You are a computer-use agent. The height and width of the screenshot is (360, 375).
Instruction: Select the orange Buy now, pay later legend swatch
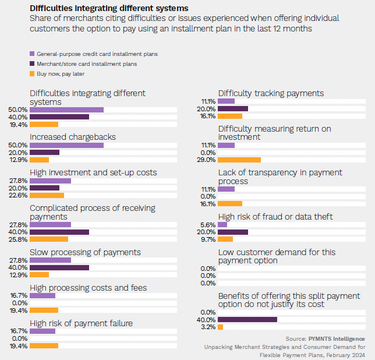pyautogui.click(x=32, y=74)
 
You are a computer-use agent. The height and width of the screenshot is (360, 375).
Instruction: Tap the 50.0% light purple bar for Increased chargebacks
pyautogui.click(x=66, y=145)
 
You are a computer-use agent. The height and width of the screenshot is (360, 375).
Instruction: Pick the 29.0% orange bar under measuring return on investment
pyautogui.click(x=239, y=160)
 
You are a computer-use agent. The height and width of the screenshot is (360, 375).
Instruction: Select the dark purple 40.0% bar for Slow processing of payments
pyautogui.click(x=59, y=267)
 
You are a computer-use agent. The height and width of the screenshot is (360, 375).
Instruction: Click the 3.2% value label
pyautogui.click(x=208, y=327)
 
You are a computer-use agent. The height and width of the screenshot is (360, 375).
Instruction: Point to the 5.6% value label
pyautogui.click(x=208, y=224)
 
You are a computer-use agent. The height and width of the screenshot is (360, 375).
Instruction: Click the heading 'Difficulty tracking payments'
pyautogui.click(x=271, y=93)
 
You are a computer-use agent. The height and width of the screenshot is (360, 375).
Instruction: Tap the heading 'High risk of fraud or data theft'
pyautogui.click(x=275, y=217)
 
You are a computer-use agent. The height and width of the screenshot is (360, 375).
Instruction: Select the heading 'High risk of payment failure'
pyautogui.click(x=81, y=323)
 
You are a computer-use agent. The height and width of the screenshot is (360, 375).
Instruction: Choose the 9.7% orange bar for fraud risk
pyautogui.click(x=225, y=239)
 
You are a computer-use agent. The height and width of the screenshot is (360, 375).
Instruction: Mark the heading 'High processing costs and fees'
pyautogui.click(x=88, y=287)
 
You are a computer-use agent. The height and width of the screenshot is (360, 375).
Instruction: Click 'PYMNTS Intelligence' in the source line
pyautogui.click(x=337, y=338)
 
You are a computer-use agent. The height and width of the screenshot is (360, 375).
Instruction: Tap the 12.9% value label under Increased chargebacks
pyautogui.click(x=18, y=160)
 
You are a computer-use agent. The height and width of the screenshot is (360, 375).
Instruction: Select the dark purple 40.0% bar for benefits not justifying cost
pyautogui.click(x=247, y=320)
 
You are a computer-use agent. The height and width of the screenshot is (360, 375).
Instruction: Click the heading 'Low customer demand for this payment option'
pyautogui.click(x=277, y=256)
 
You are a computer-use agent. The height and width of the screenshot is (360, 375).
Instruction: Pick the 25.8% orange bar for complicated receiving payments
pyautogui.click(x=49, y=239)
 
